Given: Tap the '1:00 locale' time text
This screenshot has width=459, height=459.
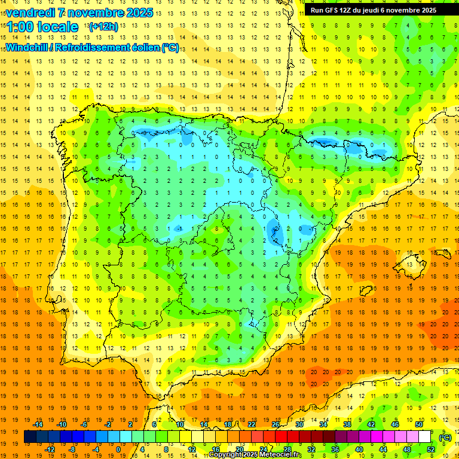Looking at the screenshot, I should click(x=42, y=27).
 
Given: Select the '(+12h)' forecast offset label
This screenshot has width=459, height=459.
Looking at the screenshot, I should click(x=103, y=27).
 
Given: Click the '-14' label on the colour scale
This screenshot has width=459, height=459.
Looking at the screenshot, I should click(x=38, y=424).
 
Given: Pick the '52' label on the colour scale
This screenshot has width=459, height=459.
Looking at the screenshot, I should click(x=431, y=449).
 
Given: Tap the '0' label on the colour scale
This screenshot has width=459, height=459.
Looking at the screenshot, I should click(x=118, y=449).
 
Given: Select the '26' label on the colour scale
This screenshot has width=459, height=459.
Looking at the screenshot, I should click(x=276, y=424).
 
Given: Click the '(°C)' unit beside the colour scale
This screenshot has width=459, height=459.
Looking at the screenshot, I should click(x=445, y=437).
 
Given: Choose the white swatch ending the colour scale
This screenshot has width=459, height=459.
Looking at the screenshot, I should click(x=425, y=437).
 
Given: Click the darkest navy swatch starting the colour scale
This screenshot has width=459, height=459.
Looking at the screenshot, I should click(x=30, y=437).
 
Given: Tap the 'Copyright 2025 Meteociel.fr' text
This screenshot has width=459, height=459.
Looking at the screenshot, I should click(x=255, y=455).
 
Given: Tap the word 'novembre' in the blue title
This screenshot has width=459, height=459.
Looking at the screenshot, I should click(x=91, y=13).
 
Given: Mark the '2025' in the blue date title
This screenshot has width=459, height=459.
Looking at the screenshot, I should click(x=140, y=13).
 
